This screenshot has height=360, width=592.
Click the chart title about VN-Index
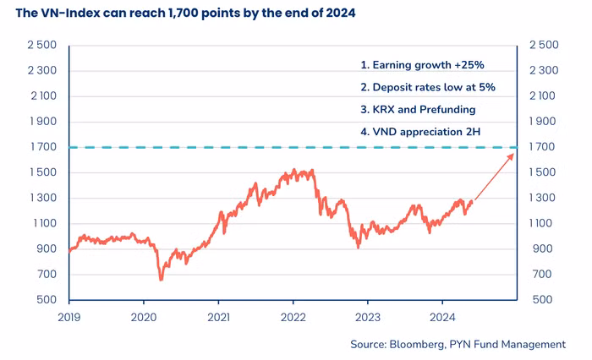(185, 14)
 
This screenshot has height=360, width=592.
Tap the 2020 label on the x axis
(143, 315)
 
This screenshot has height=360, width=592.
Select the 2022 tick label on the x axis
(293, 315)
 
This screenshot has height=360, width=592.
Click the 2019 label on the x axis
(69, 315)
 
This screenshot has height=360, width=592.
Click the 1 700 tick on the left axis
(43, 147)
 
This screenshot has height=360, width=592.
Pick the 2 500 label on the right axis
(544, 45)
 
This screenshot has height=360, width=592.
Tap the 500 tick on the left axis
(47, 300)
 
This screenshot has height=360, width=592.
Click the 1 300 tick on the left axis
(43, 199)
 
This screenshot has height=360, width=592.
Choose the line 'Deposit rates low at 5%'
(427, 86)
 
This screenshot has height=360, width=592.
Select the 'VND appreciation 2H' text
(421, 131)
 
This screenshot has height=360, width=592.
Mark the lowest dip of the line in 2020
(161, 279)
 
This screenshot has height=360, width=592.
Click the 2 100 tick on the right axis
(544, 96)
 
